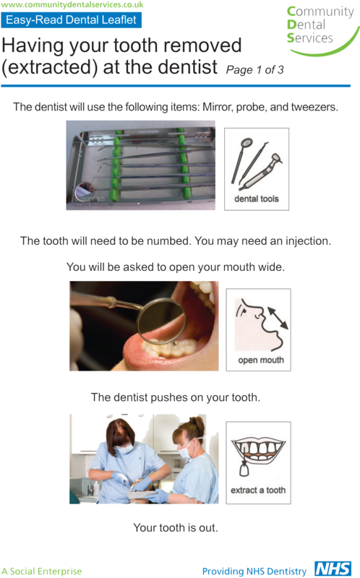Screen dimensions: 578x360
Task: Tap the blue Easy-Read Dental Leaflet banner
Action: coord(70,20)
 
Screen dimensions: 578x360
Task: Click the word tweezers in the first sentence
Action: coord(314,107)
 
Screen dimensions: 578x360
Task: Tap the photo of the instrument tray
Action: coord(140,165)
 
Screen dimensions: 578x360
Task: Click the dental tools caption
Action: coord(257,199)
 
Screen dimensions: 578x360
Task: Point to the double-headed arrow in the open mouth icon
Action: coord(275,316)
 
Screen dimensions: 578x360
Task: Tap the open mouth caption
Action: coord(260,360)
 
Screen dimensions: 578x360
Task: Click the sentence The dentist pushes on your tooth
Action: coord(176,397)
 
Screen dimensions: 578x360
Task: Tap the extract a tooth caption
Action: coord(258,490)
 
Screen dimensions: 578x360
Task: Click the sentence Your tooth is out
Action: coord(176,527)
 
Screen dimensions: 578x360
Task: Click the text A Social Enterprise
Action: coord(42,571)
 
